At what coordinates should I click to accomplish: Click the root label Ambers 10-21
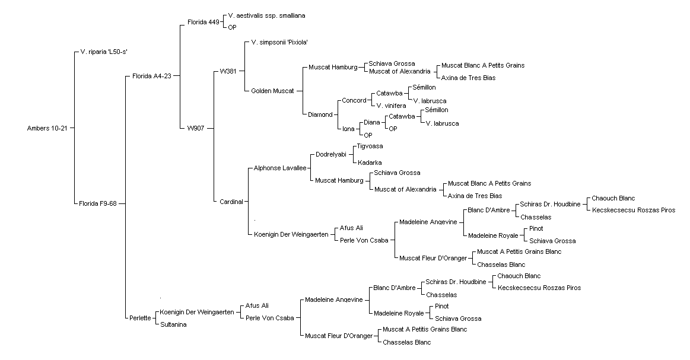pyautogui.click(x=47, y=129)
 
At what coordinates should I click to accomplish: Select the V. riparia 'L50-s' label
pyautogui.click(x=104, y=52)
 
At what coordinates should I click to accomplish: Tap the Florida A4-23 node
pyautogui.click(x=152, y=76)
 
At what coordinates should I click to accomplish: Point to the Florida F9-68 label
pyautogui.click(x=98, y=203)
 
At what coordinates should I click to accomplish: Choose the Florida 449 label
pyautogui.click(x=203, y=22)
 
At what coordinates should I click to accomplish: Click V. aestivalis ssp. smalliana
pyautogui.click(x=266, y=16)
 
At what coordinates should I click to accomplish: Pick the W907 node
pyautogui.click(x=196, y=129)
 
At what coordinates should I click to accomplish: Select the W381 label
pyautogui.click(x=228, y=71)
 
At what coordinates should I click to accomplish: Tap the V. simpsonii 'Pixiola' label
pyautogui.click(x=279, y=43)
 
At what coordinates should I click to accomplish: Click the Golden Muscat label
pyautogui.click(x=272, y=91)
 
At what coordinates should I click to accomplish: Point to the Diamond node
pyautogui.click(x=320, y=115)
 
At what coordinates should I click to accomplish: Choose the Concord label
pyautogui.click(x=354, y=100)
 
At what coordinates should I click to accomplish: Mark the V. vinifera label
pyautogui.click(x=391, y=106)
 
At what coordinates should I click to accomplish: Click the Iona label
pyautogui.click(x=348, y=129)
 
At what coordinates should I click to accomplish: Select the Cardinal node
pyautogui.click(x=231, y=202)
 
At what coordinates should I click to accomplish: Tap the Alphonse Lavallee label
pyautogui.click(x=280, y=168)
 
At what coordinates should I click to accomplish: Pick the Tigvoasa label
pyautogui.click(x=370, y=146)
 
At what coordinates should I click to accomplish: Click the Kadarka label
pyautogui.click(x=370, y=163)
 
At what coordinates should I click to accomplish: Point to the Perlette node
pyautogui.click(x=141, y=318)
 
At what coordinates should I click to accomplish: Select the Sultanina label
pyautogui.click(x=173, y=325)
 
